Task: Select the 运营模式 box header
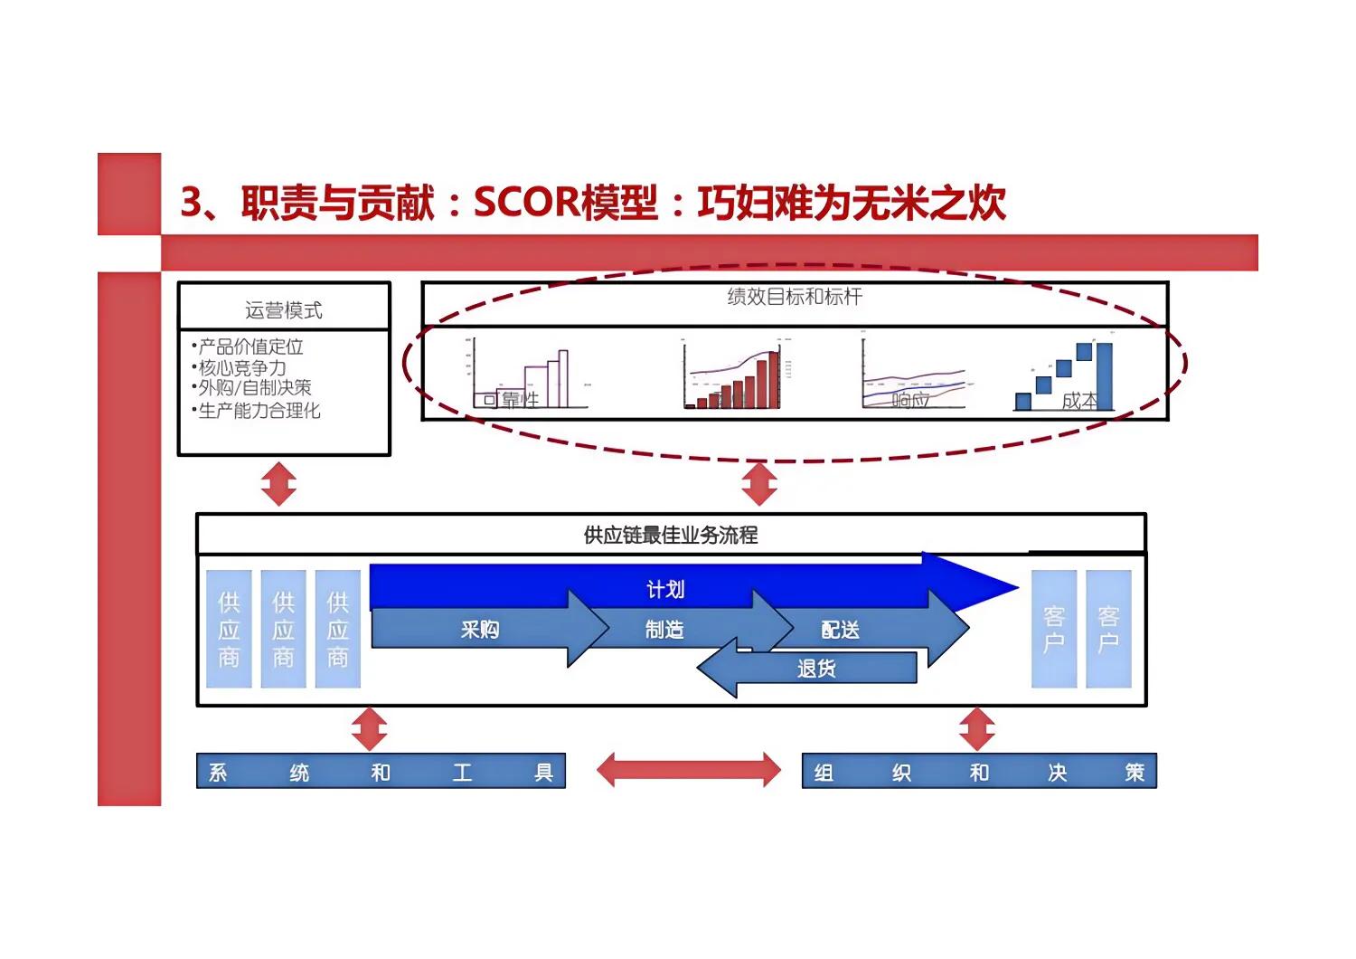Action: (x=284, y=310)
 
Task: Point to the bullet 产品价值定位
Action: (x=250, y=347)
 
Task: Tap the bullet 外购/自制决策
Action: (x=254, y=387)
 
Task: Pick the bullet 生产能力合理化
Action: (x=259, y=411)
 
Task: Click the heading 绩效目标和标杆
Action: (x=795, y=297)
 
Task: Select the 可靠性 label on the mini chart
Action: (x=512, y=399)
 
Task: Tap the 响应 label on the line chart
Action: (x=909, y=399)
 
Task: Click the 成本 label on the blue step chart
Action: (x=1078, y=400)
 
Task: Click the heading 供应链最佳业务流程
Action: (x=671, y=535)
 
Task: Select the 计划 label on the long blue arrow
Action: (x=665, y=589)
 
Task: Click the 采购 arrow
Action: (x=480, y=629)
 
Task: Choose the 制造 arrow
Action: (x=664, y=629)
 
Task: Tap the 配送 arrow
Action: (x=840, y=629)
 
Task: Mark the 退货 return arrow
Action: (x=815, y=669)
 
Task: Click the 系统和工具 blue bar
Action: (x=381, y=772)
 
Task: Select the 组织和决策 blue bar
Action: (x=979, y=772)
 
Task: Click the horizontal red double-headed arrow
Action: (x=689, y=770)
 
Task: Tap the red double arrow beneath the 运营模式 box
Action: (x=278, y=484)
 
